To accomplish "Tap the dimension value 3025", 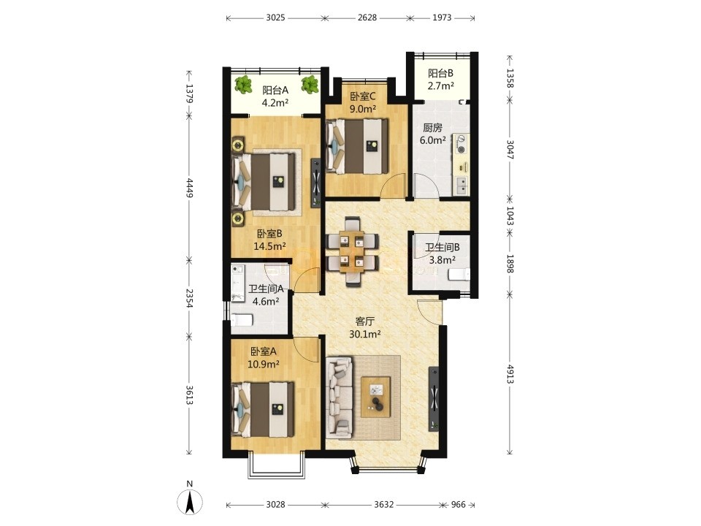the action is (x=275, y=18).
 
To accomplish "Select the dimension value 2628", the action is (x=367, y=18).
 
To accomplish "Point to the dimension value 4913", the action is (x=510, y=374).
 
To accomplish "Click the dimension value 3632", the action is (x=383, y=505).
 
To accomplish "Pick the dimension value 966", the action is (x=459, y=505).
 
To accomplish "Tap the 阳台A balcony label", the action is (x=275, y=90).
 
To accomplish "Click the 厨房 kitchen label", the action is (x=432, y=128).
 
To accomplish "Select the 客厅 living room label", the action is (x=364, y=321).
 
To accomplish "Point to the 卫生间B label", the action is (x=442, y=248).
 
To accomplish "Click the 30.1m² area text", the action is (x=364, y=334).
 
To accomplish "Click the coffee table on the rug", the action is (x=375, y=397).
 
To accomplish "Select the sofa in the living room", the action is (x=340, y=397).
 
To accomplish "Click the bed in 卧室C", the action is (x=357, y=146).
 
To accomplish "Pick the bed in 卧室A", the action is (x=262, y=409).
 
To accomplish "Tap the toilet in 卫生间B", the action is (x=459, y=275).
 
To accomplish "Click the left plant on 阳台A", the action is (x=243, y=85).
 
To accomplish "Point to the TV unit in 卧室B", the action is (x=316, y=183).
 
